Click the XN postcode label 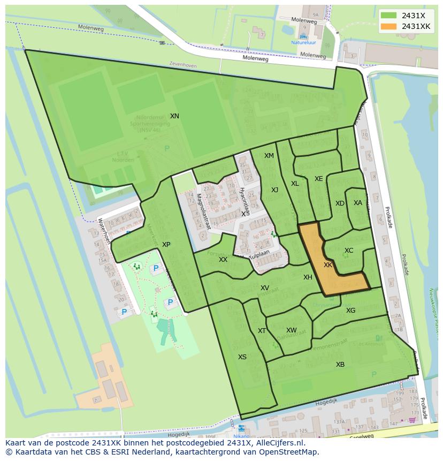[x=174, y=116]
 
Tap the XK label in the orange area [x=328, y=265]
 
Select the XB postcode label [x=340, y=365]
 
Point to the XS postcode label [x=242, y=357]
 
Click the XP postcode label [x=166, y=245]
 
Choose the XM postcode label [x=269, y=156]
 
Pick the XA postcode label [x=358, y=203]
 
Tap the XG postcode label [x=350, y=311]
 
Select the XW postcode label [x=291, y=330]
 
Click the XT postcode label [x=262, y=331]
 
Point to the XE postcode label [x=318, y=179]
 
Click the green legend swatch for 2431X [x=389, y=16]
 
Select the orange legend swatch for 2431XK [x=389, y=26]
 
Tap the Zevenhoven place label [x=182, y=66]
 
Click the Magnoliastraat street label [x=203, y=212]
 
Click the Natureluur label [x=303, y=42]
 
